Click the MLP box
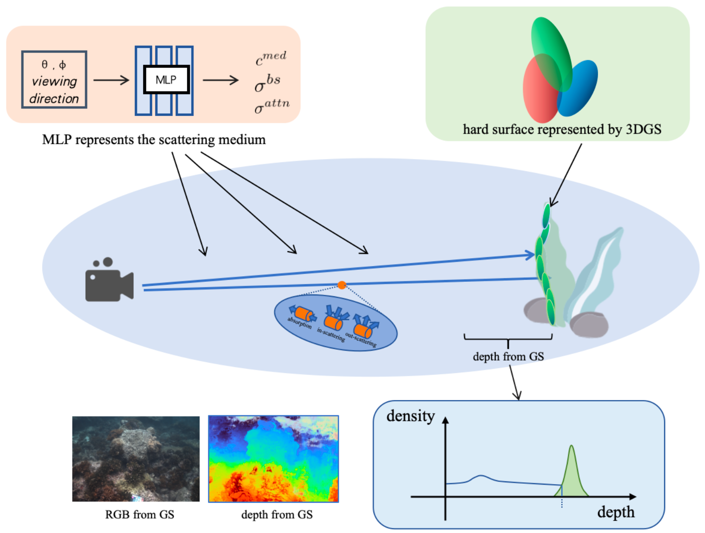[166, 80]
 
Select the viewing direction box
[54, 80]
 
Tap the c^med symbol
[271, 59]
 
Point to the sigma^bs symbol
[267, 83]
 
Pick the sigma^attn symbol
[272, 106]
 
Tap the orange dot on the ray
[341, 285]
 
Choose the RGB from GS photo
[136, 459]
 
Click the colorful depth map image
[273, 459]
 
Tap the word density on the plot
[410, 416]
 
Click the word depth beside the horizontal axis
[615, 512]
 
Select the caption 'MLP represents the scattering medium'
[153, 140]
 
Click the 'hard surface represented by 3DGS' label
[562, 129]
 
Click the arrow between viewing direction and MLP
[111, 80]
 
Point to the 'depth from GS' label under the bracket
[508, 357]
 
